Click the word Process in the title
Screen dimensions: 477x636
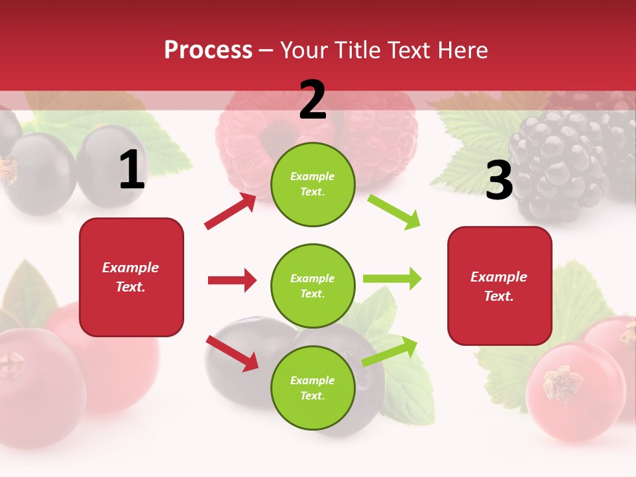point(208,50)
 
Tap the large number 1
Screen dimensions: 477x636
point(132,170)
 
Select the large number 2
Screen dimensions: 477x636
point(313,100)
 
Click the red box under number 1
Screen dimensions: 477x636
point(131,277)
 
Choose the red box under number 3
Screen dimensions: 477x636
point(500,286)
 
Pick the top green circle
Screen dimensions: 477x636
point(313,184)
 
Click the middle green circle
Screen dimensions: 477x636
point(313,286)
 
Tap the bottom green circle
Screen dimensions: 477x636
point(313,388)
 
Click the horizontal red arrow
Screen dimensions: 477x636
point(232,280)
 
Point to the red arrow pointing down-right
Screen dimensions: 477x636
point(232,353)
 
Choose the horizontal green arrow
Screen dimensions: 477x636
point(392,278)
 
